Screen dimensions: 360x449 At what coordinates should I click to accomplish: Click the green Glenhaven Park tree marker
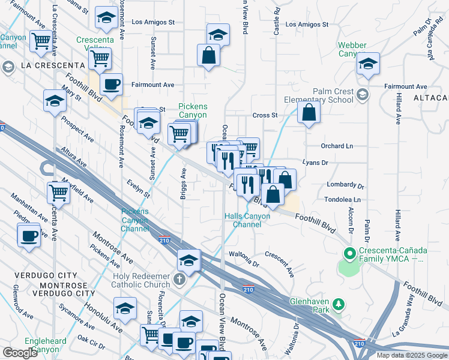pos(339,305)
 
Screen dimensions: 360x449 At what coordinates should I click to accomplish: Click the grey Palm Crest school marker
pos(363,94)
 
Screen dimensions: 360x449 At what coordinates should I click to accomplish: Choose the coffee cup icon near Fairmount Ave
pos(110,85)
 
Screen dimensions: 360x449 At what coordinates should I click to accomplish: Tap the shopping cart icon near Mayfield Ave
pos(59,192)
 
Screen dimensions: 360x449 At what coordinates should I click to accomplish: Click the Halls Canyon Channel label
pos(243,220)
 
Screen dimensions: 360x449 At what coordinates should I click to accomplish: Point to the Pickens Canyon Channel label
pos(134,220)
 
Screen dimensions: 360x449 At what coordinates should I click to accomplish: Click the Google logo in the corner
pos(20,353)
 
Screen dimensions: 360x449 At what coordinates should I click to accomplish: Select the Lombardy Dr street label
pos(345,185)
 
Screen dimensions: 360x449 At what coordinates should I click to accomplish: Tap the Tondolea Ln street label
pos(344,199)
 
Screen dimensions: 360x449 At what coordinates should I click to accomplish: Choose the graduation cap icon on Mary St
pos(55,100)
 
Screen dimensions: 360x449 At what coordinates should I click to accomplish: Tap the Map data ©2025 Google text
pos(412,355)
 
